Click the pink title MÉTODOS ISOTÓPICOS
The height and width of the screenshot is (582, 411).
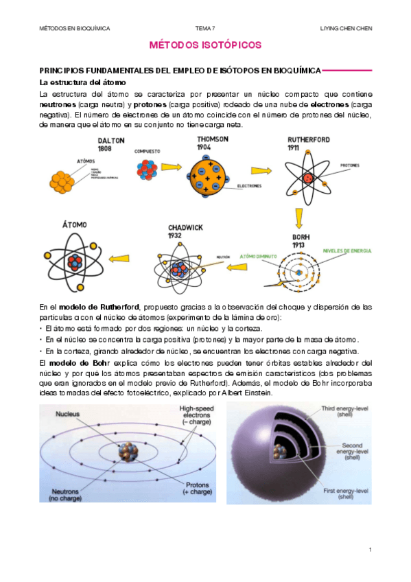coord(205,45)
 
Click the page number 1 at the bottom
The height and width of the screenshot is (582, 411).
coord(369,550)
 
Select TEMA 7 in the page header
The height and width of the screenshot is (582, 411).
coord(205,28)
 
